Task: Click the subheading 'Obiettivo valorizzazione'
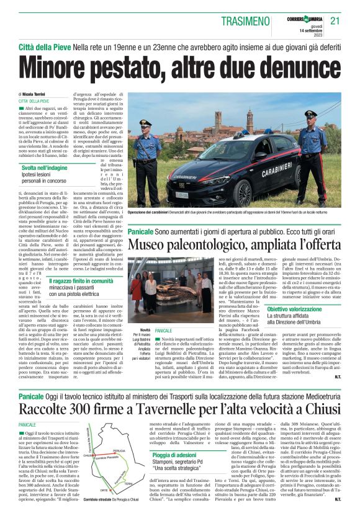pyautogui.click(x=294, y=308)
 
